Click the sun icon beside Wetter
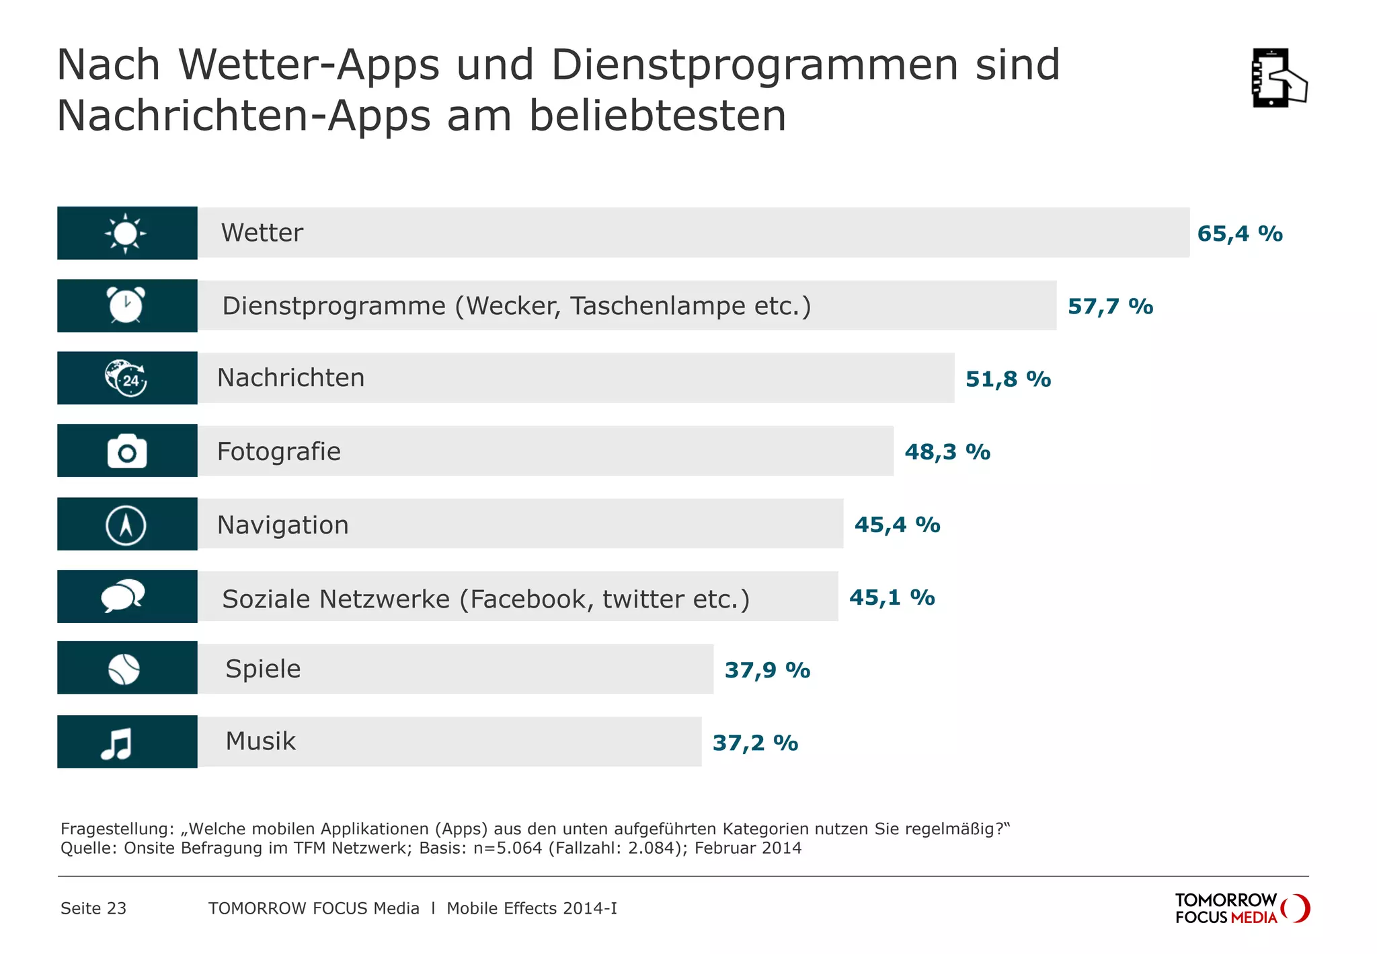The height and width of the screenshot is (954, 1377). pyautogui.click(x=126, y=233)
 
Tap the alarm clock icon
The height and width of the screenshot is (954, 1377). pyautogui.click(x=126, y=305)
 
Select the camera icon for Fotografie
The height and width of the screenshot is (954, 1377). pyautogui.click(x=127, y=451)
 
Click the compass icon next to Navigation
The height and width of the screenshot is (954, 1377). pyautogui.click(x=126, y=525)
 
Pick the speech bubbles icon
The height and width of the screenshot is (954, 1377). pyautogui.click(x=123, y=596)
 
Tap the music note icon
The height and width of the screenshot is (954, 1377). pyautogui.click(x=117, y=743)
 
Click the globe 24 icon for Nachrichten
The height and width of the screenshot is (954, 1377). pyautogui.click(x=126, y=378)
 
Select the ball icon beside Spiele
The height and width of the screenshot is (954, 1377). pyautogui.click(x=124, y=669)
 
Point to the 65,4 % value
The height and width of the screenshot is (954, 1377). pyautogui.click(x=1240, y=234)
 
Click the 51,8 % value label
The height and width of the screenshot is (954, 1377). pyautogui.click(x=1008, y=379)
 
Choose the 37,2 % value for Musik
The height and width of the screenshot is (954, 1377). pyautogui.click(x=755, y=743)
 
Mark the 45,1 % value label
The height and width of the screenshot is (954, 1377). pyautogui.click(x=892, y=597)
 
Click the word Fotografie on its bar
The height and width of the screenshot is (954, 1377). pyautogui.click(x=278, y=451)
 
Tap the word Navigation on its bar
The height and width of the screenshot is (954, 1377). pyautogui.click(x=282, y=525)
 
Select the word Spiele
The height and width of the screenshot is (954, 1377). pyautogui.click(x=263, y=669)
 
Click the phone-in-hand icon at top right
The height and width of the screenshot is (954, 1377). pyautogui.click(x=1278, y=78)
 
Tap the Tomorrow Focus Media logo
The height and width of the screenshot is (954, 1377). pyautogui.click(x=1241, y=908)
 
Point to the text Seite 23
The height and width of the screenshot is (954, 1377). pyautogui.click(x=93, y=908)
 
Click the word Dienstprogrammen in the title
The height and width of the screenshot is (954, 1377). pyautogui.click(x=754, y=65)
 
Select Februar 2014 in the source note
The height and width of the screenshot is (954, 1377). pyautogui.click(x=748, y=848)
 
